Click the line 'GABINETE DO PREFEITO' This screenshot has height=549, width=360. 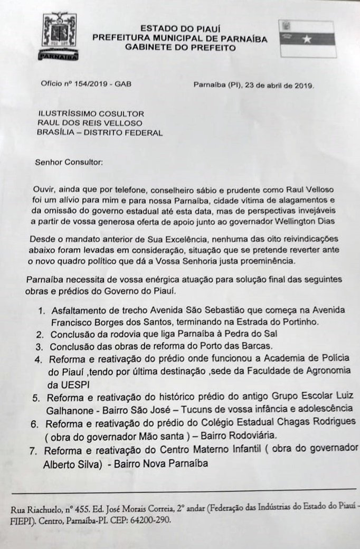(179, 48)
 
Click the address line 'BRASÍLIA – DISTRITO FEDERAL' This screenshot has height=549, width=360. (100, 133)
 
